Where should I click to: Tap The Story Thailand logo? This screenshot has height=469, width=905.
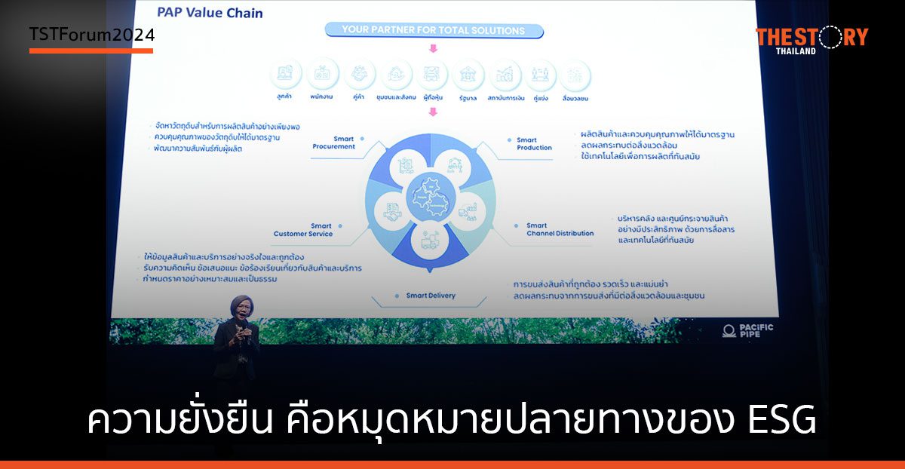point(811,39)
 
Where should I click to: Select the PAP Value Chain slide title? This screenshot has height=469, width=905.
point(210,13)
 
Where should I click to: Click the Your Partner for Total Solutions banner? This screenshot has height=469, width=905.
point(433,31)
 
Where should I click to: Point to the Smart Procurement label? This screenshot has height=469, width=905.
point(333,143)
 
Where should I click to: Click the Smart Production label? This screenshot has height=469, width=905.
point(534,143)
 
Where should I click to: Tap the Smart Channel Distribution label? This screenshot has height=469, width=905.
point(560,229)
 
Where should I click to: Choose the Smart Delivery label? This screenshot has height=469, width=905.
point(431,296)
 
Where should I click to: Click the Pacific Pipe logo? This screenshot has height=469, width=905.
point(747,330)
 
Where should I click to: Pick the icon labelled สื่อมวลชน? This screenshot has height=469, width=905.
point(575,75)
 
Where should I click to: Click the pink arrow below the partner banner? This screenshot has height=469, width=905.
point(433,49)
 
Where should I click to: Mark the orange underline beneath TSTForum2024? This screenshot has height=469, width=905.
point(91,51)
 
